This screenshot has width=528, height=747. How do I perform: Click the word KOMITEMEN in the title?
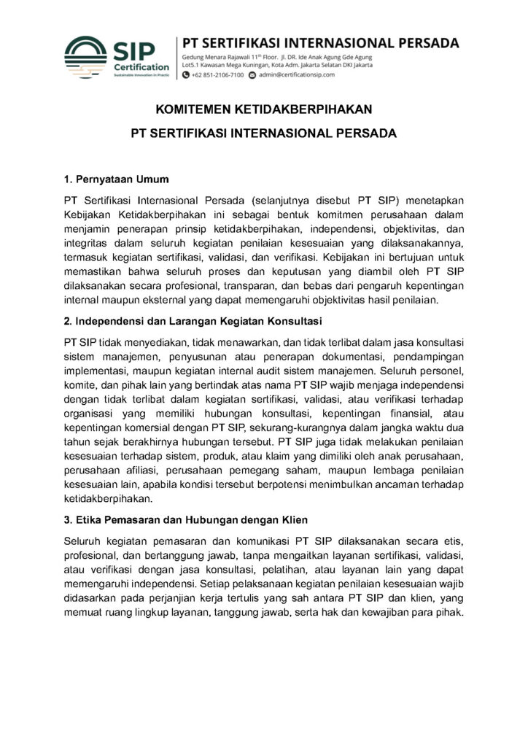(x=193, y=110)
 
